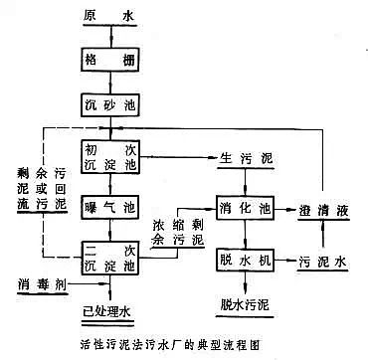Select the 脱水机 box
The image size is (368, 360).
[x=246, y=261]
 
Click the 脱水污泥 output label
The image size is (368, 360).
[x=246, y=300]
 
